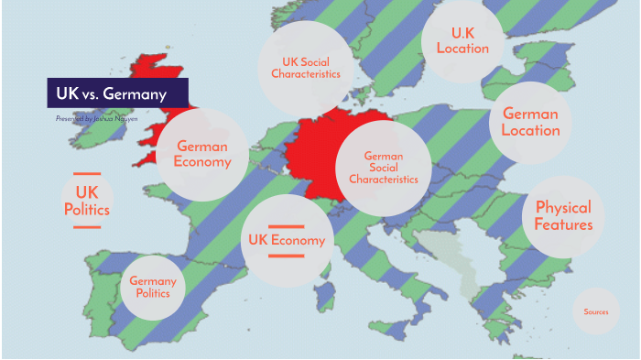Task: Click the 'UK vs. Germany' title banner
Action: (117, 93)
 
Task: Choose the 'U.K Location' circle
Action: (462, 40)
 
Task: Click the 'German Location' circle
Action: (530, 122)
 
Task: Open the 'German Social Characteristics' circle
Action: (383, 168)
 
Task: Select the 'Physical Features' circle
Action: (563, 215)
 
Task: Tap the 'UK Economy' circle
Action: (287, 240)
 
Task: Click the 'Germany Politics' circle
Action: (153, 287)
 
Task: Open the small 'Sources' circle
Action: (595, 312)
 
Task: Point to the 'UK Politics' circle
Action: (87, 201)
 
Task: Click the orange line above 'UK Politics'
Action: (87, 173)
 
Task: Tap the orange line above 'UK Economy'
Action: (287, 226)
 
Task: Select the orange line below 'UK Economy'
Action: (287, 255)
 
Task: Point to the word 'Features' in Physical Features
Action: (563, 224)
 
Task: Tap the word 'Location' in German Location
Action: (530, 131)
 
